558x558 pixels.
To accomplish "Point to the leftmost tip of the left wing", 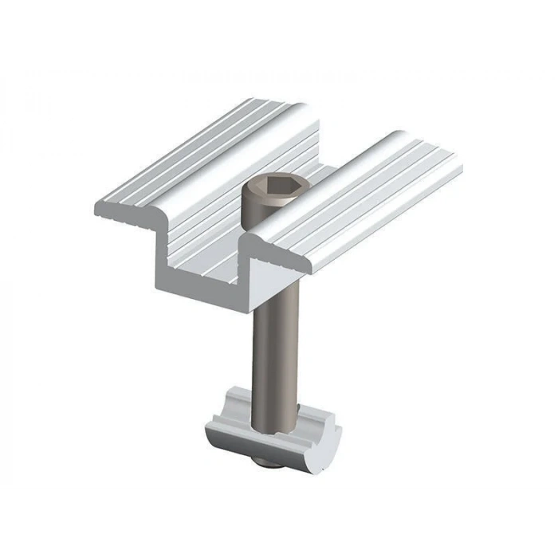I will pyautogui.click(x=96, y=209).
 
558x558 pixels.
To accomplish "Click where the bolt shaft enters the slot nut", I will pyautogui.click(x=273, y=411).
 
